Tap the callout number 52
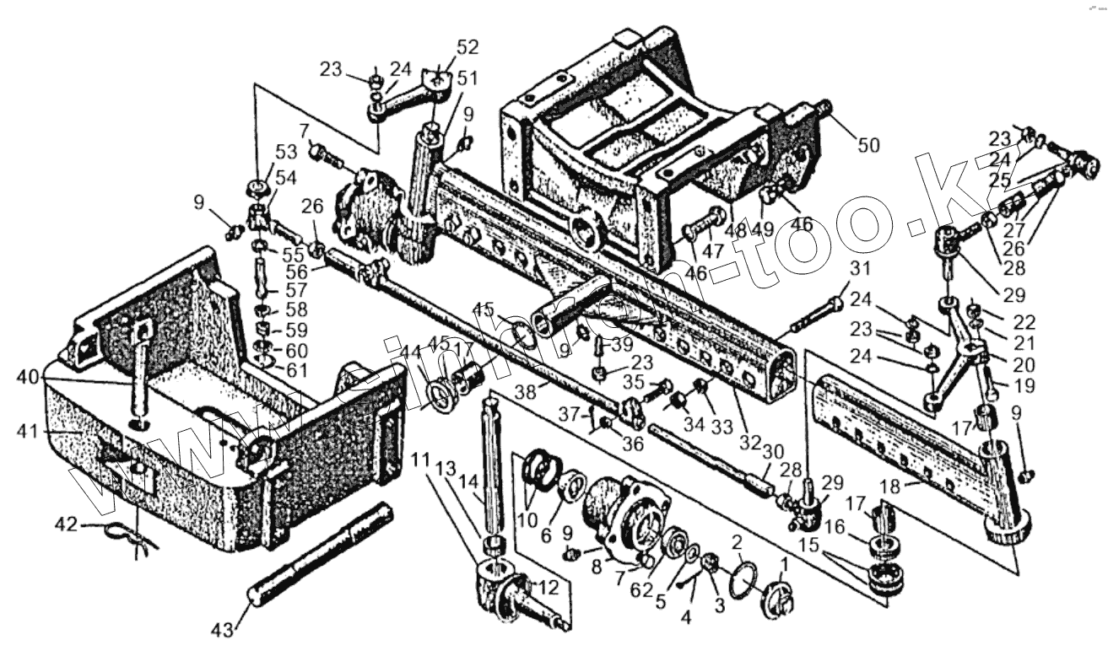467,47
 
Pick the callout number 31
859,269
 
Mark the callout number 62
643,589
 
